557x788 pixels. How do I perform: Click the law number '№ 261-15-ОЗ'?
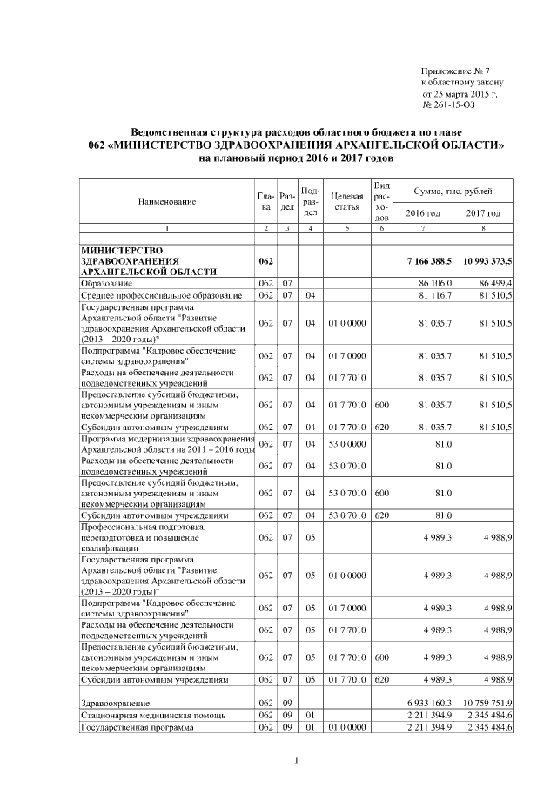pos(449,104)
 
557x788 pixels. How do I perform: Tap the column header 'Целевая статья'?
pos(346,201)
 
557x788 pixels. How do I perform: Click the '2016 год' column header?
pos(424,213)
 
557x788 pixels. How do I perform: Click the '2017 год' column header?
pos(483,213)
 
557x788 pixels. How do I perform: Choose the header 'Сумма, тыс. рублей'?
pos(453,190)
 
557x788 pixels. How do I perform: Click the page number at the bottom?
pos(296,762)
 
